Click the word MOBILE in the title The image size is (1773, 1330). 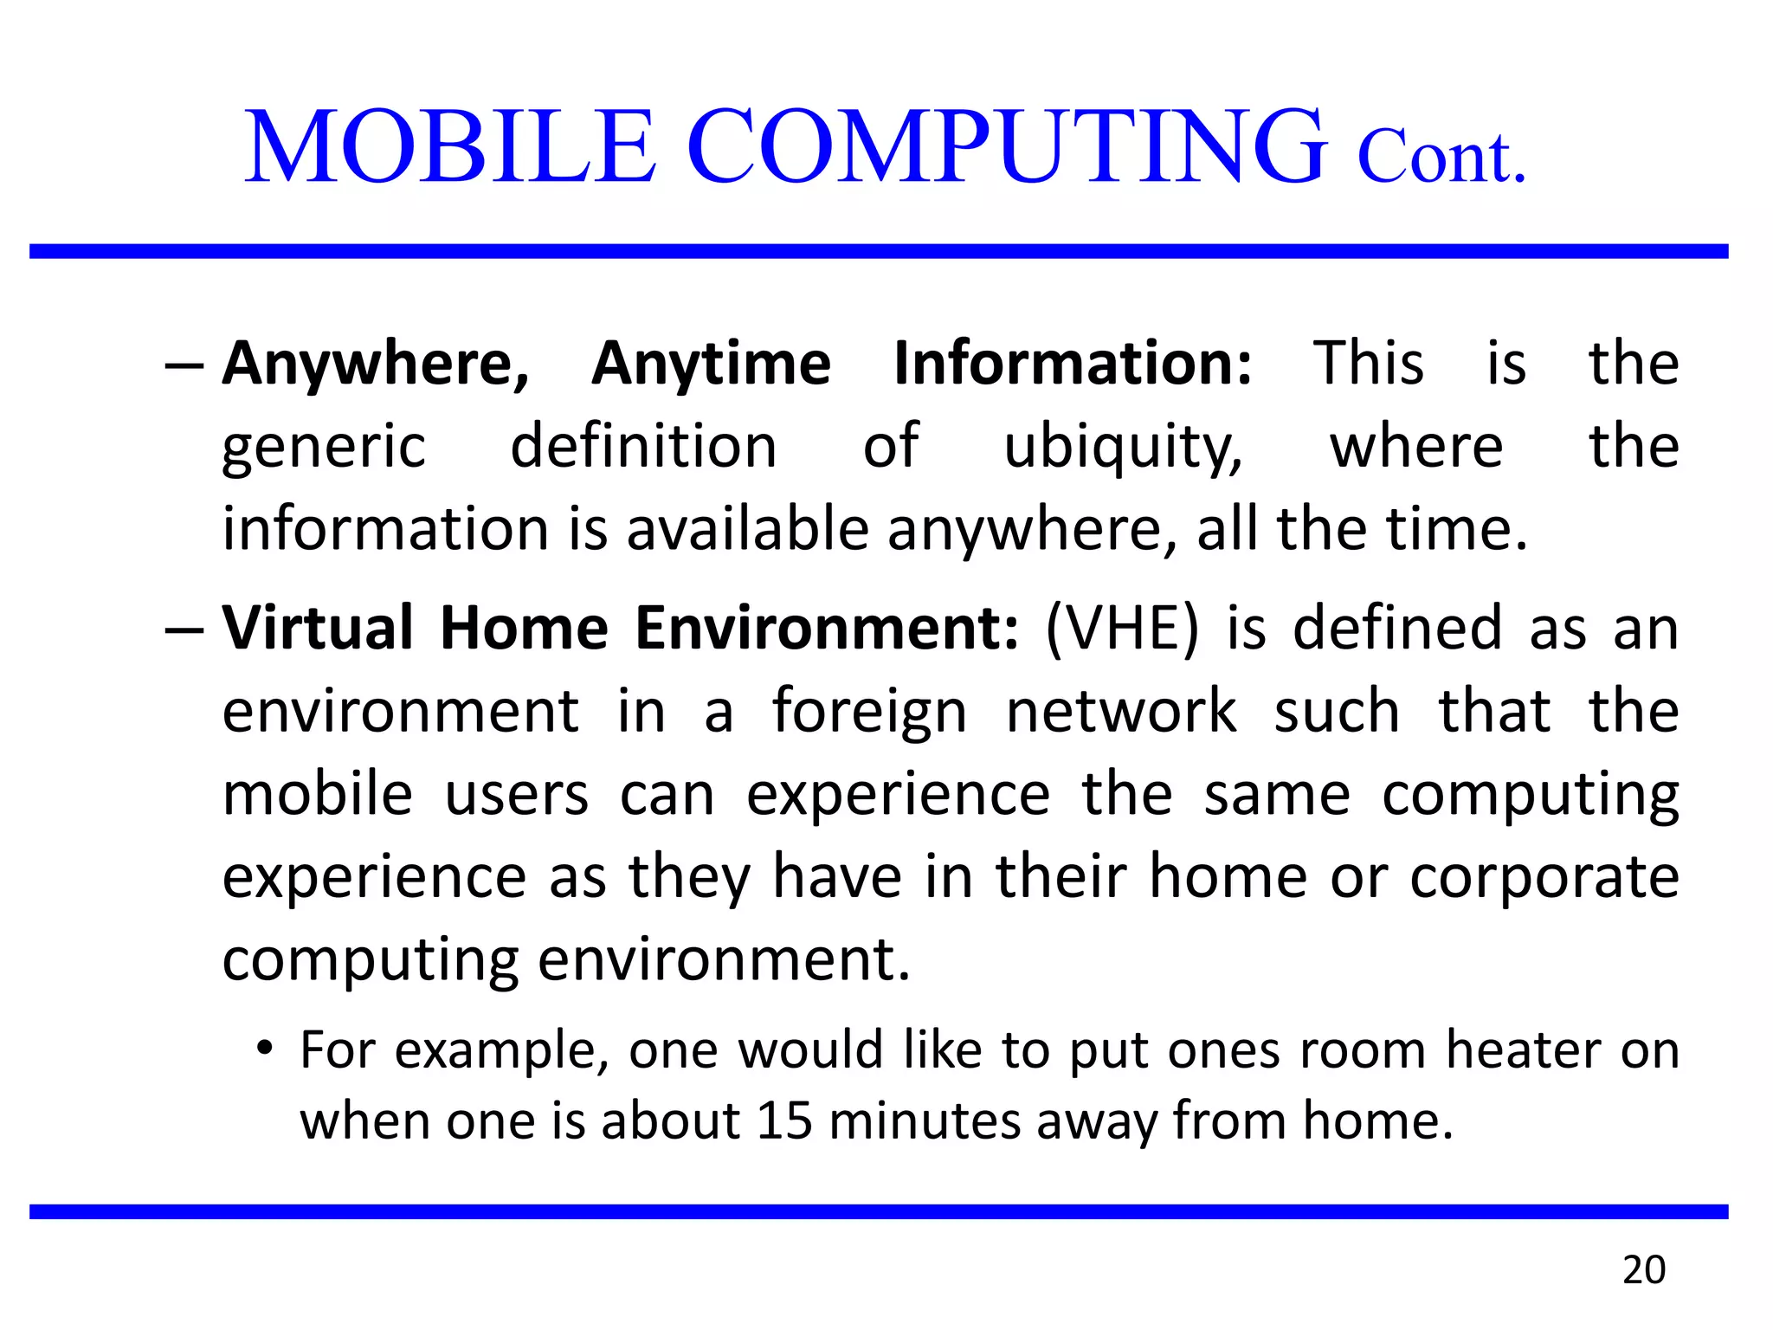point(450,147)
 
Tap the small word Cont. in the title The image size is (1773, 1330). point(1441,158)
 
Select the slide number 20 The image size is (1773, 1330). point(1643,1270)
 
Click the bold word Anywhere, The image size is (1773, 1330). point(376,364)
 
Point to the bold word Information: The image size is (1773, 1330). point(1073,364)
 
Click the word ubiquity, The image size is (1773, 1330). point(1123,448)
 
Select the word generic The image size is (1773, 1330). point(324,448)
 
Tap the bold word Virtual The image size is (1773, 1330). point(318,628)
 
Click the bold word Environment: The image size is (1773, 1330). point(827,628)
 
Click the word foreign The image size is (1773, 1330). point(868,712)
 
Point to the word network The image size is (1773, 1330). point(1121,712)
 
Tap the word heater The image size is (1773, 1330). point(1525,1050)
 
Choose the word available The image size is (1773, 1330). point(747,529)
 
